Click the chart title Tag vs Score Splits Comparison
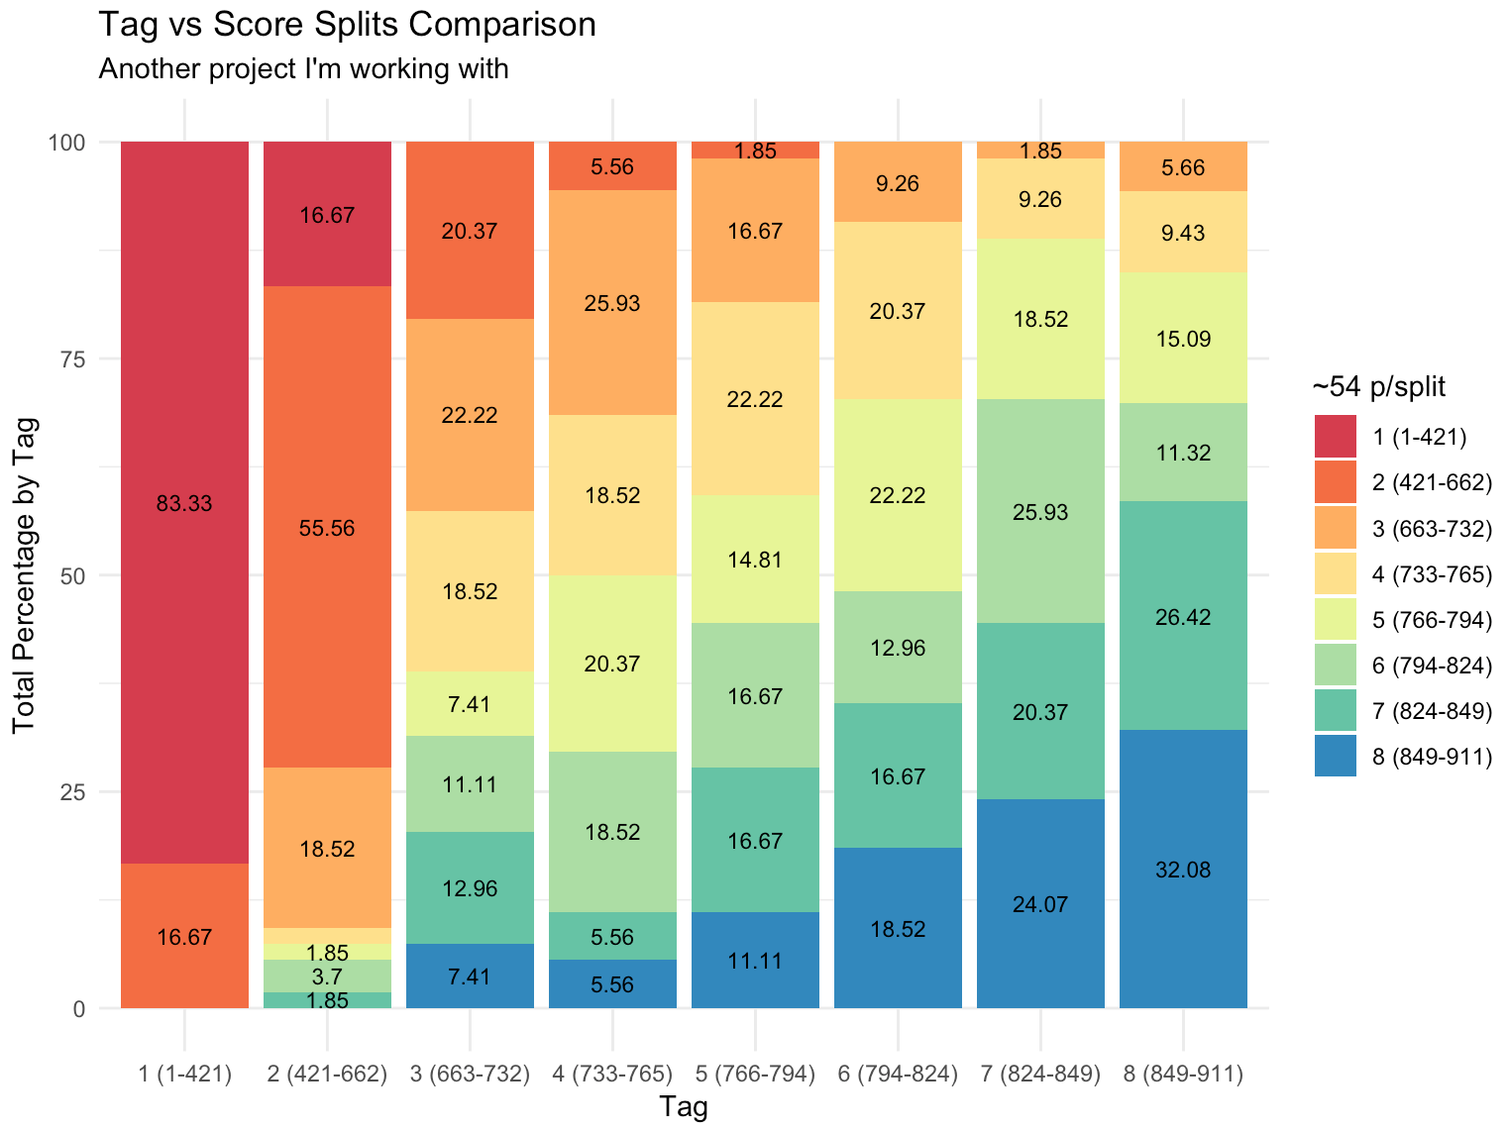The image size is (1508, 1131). (x=347, y=24)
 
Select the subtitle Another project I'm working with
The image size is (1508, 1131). (x=303, y=69)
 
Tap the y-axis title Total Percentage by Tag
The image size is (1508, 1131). (x=25, y=575)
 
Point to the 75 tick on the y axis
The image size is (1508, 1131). (x=66, y=359)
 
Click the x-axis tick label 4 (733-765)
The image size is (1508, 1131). (x=612, y=1075)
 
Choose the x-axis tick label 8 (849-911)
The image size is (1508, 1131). (x=1183, y=1075)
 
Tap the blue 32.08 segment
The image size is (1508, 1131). (x=1183, y=870)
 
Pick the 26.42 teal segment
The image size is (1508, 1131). (x=1183, y=616)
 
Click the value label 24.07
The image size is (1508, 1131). (x=1040, y=904)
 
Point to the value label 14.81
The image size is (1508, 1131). (x=755, y=560)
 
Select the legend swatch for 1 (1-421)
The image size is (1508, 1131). (x=1335, y=437)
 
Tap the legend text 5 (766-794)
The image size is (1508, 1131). (x=1432, y=621)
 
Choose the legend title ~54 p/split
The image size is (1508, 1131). (x=1379, y=387)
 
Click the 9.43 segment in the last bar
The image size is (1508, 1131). (x=1183, y=233)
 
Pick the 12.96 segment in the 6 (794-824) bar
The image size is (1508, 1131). (x=898, y=648)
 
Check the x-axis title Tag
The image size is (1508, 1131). (x=684, y=1107)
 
